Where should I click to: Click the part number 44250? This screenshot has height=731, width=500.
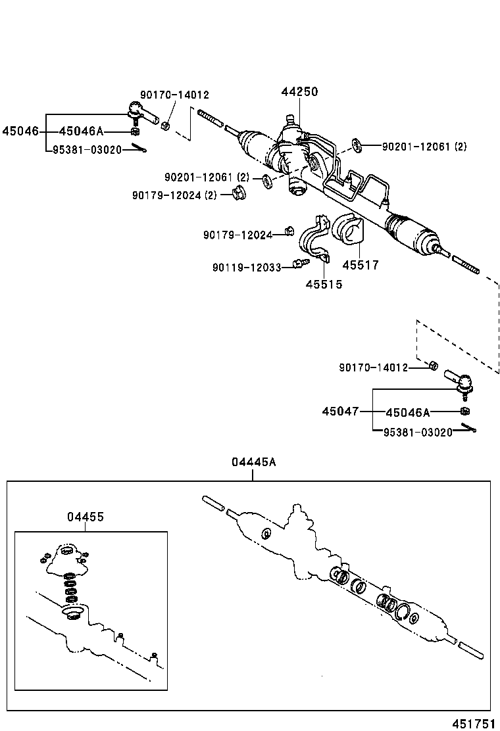(x=299, y=92)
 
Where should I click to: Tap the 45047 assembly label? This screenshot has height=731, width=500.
(x=340, y=412)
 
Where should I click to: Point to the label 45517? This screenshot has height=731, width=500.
(x=361, y=265)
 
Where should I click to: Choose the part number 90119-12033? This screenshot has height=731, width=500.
(x=247, y=268)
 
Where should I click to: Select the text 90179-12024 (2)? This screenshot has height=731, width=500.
(x=174, y=195)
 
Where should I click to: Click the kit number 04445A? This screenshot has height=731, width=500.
(x=253, y=462)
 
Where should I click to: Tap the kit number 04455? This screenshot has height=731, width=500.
(x=85, y=517)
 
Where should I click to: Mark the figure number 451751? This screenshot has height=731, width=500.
(x=472, y=723)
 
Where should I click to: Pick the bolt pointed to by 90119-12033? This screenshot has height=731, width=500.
(x=300, y=264)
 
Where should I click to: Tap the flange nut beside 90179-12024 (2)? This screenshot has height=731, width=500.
(x=239, y=193)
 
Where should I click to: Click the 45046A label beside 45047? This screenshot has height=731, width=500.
(x=407, y=412)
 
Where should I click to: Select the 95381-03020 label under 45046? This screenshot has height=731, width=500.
(x=87, y=150)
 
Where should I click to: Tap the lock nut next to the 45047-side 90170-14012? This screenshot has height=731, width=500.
(x=434, y=365)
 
